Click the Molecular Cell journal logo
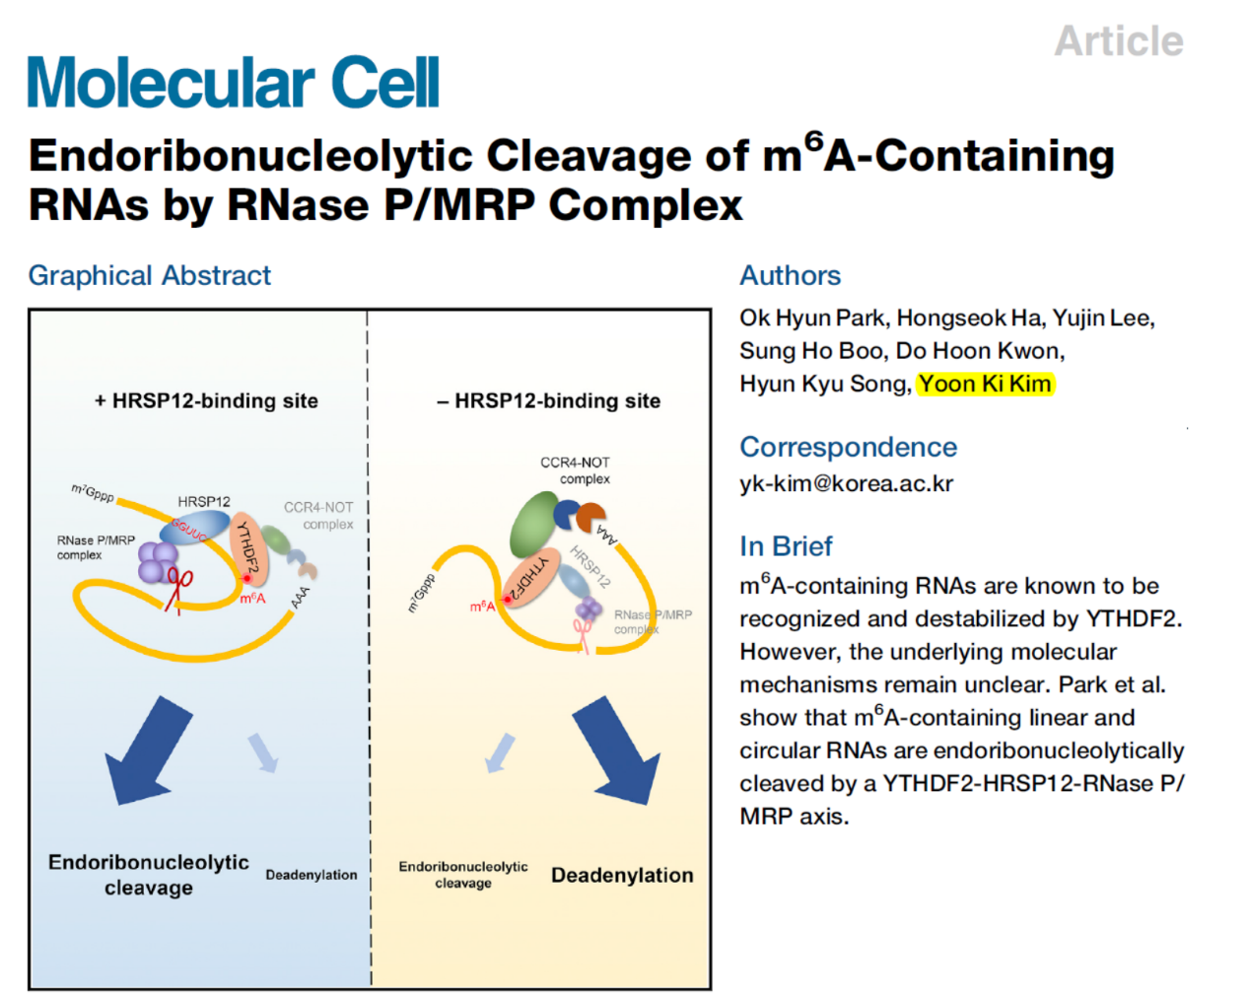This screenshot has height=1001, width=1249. [233, 83]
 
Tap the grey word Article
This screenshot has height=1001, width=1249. [1118, 41]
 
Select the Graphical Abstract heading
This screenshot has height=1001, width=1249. [149, 275]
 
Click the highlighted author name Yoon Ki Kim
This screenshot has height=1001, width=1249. [985, 384]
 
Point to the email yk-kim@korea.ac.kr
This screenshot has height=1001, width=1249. [846, 483]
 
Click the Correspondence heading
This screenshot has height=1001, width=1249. [848, 447]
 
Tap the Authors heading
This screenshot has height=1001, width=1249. [790, 275]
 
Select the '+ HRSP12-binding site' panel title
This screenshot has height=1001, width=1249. [206, 400]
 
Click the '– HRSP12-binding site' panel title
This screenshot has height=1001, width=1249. [548, 400]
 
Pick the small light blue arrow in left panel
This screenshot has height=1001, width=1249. [263, 751]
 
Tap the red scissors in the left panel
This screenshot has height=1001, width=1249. [178, 588]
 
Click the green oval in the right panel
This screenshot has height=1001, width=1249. [533, 525]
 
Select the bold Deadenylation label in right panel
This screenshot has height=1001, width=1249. [622, 875]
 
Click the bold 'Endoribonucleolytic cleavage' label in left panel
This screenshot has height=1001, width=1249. [149, 875]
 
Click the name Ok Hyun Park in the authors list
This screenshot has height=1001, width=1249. [813, 318]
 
